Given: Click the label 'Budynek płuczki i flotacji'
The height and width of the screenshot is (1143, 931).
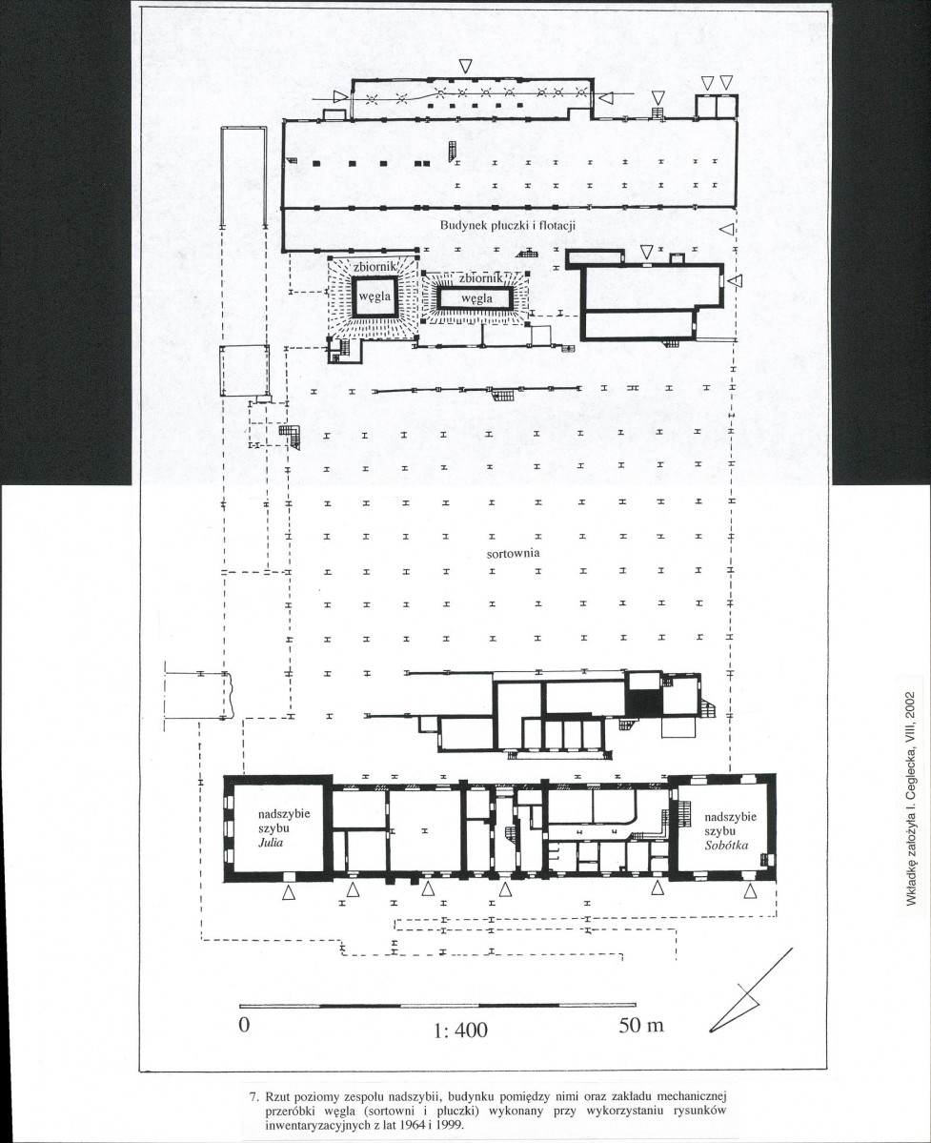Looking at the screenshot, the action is [508, 225].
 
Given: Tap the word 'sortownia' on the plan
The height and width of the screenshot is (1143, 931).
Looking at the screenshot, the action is [514, 553].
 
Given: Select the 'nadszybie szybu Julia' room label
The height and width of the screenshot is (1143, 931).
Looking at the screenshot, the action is [273, 828].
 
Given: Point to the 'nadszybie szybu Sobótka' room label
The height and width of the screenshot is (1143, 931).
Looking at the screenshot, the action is [726, 831].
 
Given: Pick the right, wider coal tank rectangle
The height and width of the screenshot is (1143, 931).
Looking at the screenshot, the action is [476, 297].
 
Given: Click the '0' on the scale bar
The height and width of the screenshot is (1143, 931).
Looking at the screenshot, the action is [244, 1024].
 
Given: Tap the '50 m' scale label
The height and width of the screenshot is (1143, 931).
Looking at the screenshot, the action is [641, 1025].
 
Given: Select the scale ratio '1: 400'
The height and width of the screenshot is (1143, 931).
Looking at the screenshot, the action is [460, 1030].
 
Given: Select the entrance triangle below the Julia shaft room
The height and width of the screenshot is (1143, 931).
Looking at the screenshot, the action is [289, 891].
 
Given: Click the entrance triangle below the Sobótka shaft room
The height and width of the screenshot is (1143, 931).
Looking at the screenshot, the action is [752, 891].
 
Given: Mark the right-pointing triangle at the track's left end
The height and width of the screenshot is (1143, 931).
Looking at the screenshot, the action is [338, 96].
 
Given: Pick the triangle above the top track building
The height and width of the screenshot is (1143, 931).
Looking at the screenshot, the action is [466, 66].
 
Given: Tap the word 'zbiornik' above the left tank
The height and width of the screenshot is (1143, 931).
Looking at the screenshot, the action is [374, 267].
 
